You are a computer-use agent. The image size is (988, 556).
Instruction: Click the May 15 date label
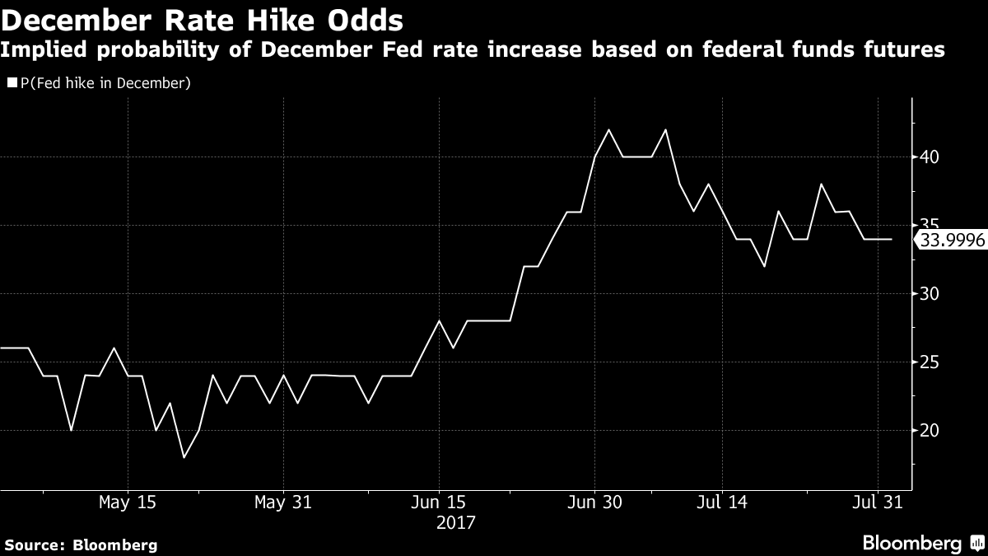point(127,502)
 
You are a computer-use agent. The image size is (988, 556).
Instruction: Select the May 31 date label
point(283,502)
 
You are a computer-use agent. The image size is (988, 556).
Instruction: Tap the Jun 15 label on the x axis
point(438,502)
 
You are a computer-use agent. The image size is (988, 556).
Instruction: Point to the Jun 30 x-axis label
point(594,502)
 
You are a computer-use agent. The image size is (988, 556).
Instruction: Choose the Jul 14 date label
point(721,502)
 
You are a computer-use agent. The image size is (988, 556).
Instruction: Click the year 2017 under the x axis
point(457,522)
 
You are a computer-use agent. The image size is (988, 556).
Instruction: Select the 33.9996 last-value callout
point(949,240)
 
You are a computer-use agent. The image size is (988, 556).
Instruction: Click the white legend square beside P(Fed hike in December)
point(10,83)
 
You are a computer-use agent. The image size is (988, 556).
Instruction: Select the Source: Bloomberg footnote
point(81,544)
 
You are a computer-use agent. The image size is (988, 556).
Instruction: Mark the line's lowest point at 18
point(184,457)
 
